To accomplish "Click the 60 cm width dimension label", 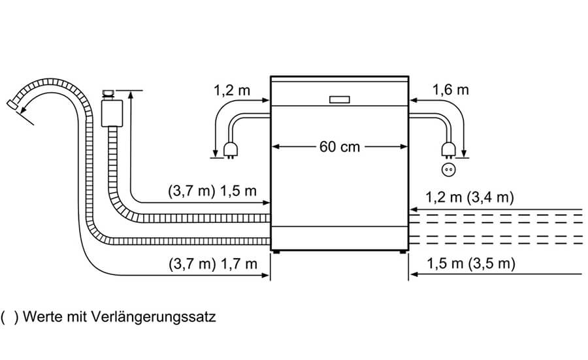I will pyautogui.click(x=340, y=147).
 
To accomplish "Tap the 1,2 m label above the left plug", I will pyautogui.click(x=232, y=91).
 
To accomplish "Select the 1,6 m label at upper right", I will pyautogui.click(x=451, y=90).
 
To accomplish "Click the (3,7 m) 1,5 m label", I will pyautogui.click(x=210, y=191).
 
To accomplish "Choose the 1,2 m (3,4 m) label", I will pyautogui.click(x=470, y=197).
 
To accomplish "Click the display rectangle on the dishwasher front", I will pyautogui.click(x=340, y=99).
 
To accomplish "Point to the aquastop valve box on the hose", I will pyautogui.click(x=113, y=112).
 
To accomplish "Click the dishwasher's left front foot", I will pyautogui.click(x=278, y=252).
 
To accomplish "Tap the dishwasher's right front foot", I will pyautogui.click(x=400, y=252).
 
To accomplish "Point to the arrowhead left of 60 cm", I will pyautogui.click(x=275, y=147).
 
